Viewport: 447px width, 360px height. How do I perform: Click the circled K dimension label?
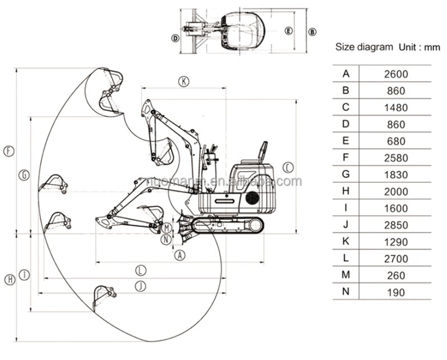tap(184, 81)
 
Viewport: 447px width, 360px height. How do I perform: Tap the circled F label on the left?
tap(8, 150)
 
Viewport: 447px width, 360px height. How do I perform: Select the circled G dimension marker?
tap(23, 175)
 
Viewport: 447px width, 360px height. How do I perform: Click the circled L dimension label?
tap(141, 269)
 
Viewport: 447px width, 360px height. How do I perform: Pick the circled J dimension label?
tap(141, 286)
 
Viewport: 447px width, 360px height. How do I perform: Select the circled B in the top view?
tap(313, 31)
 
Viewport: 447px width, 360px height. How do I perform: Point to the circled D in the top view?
tap(175, 38)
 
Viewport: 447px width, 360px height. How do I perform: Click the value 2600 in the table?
tap(396, 73)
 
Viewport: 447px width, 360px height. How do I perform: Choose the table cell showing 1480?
tap(396, 107)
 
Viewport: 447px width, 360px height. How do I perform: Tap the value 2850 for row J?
tap(396, 225)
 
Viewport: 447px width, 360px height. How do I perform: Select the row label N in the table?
tap(346, 292)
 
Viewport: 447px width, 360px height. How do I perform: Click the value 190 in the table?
tap(396, 292)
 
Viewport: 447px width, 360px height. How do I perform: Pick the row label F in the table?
tap(346, 158)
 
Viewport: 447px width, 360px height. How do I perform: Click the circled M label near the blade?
tap(167, 228)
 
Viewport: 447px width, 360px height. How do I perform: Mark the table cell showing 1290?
tap(396, 241)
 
